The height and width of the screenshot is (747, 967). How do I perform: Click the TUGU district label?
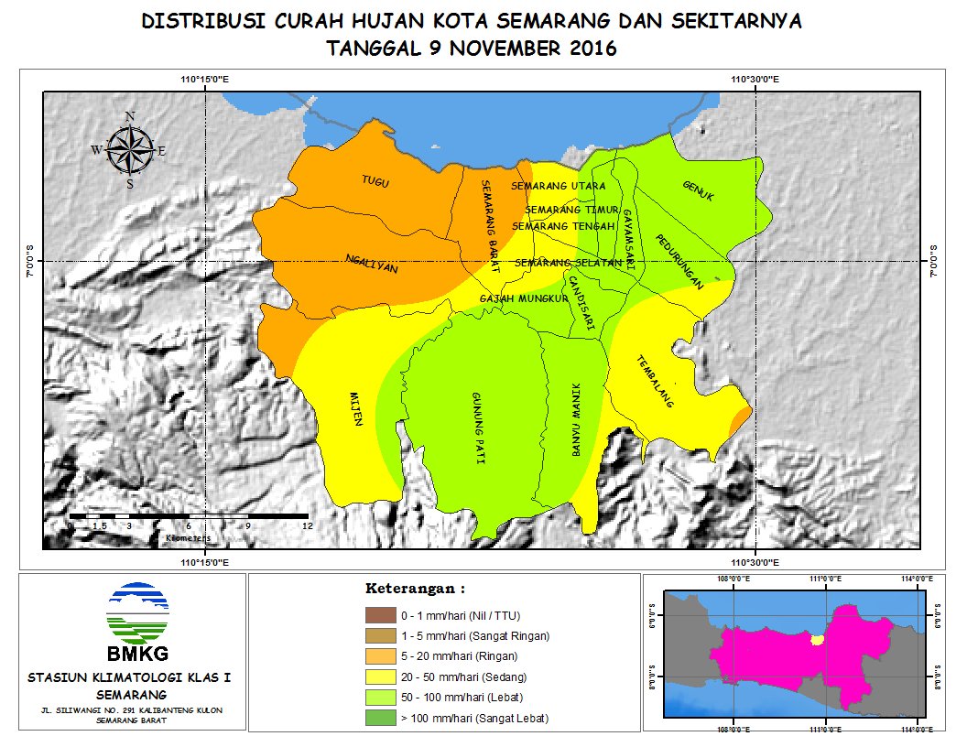click(375, 183)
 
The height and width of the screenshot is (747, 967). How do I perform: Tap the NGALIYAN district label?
click(372, 264)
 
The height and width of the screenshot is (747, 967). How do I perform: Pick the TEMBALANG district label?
click(655, 381)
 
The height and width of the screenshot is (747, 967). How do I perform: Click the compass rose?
click(130, 150)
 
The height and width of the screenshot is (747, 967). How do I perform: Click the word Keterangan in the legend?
click(409, 587)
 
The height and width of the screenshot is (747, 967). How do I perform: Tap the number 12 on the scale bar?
click(307, 526)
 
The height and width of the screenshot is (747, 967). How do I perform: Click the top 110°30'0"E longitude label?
click(755, 80)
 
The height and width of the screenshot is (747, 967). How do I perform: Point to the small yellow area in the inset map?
click(818, 639)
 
